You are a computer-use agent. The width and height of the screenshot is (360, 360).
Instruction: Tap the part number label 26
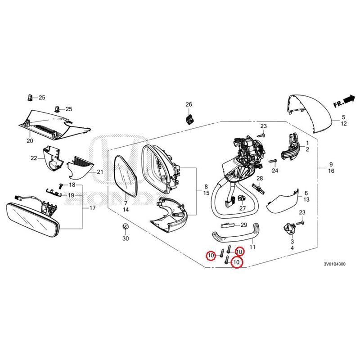189,104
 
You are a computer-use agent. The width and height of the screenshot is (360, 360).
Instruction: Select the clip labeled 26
189,119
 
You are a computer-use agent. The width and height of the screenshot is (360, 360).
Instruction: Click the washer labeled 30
126,226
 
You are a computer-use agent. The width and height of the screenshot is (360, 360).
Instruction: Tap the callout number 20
30,141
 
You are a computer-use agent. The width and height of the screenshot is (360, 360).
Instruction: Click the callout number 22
34,158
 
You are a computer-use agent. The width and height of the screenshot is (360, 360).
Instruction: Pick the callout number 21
100,172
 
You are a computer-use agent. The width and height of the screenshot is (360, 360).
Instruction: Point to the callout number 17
93,208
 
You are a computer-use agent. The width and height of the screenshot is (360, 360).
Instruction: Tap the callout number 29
243,225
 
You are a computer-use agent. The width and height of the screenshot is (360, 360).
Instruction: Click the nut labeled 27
241,198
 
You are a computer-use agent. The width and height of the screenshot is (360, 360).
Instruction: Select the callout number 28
259,179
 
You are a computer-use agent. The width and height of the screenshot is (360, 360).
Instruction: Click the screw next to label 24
271,161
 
